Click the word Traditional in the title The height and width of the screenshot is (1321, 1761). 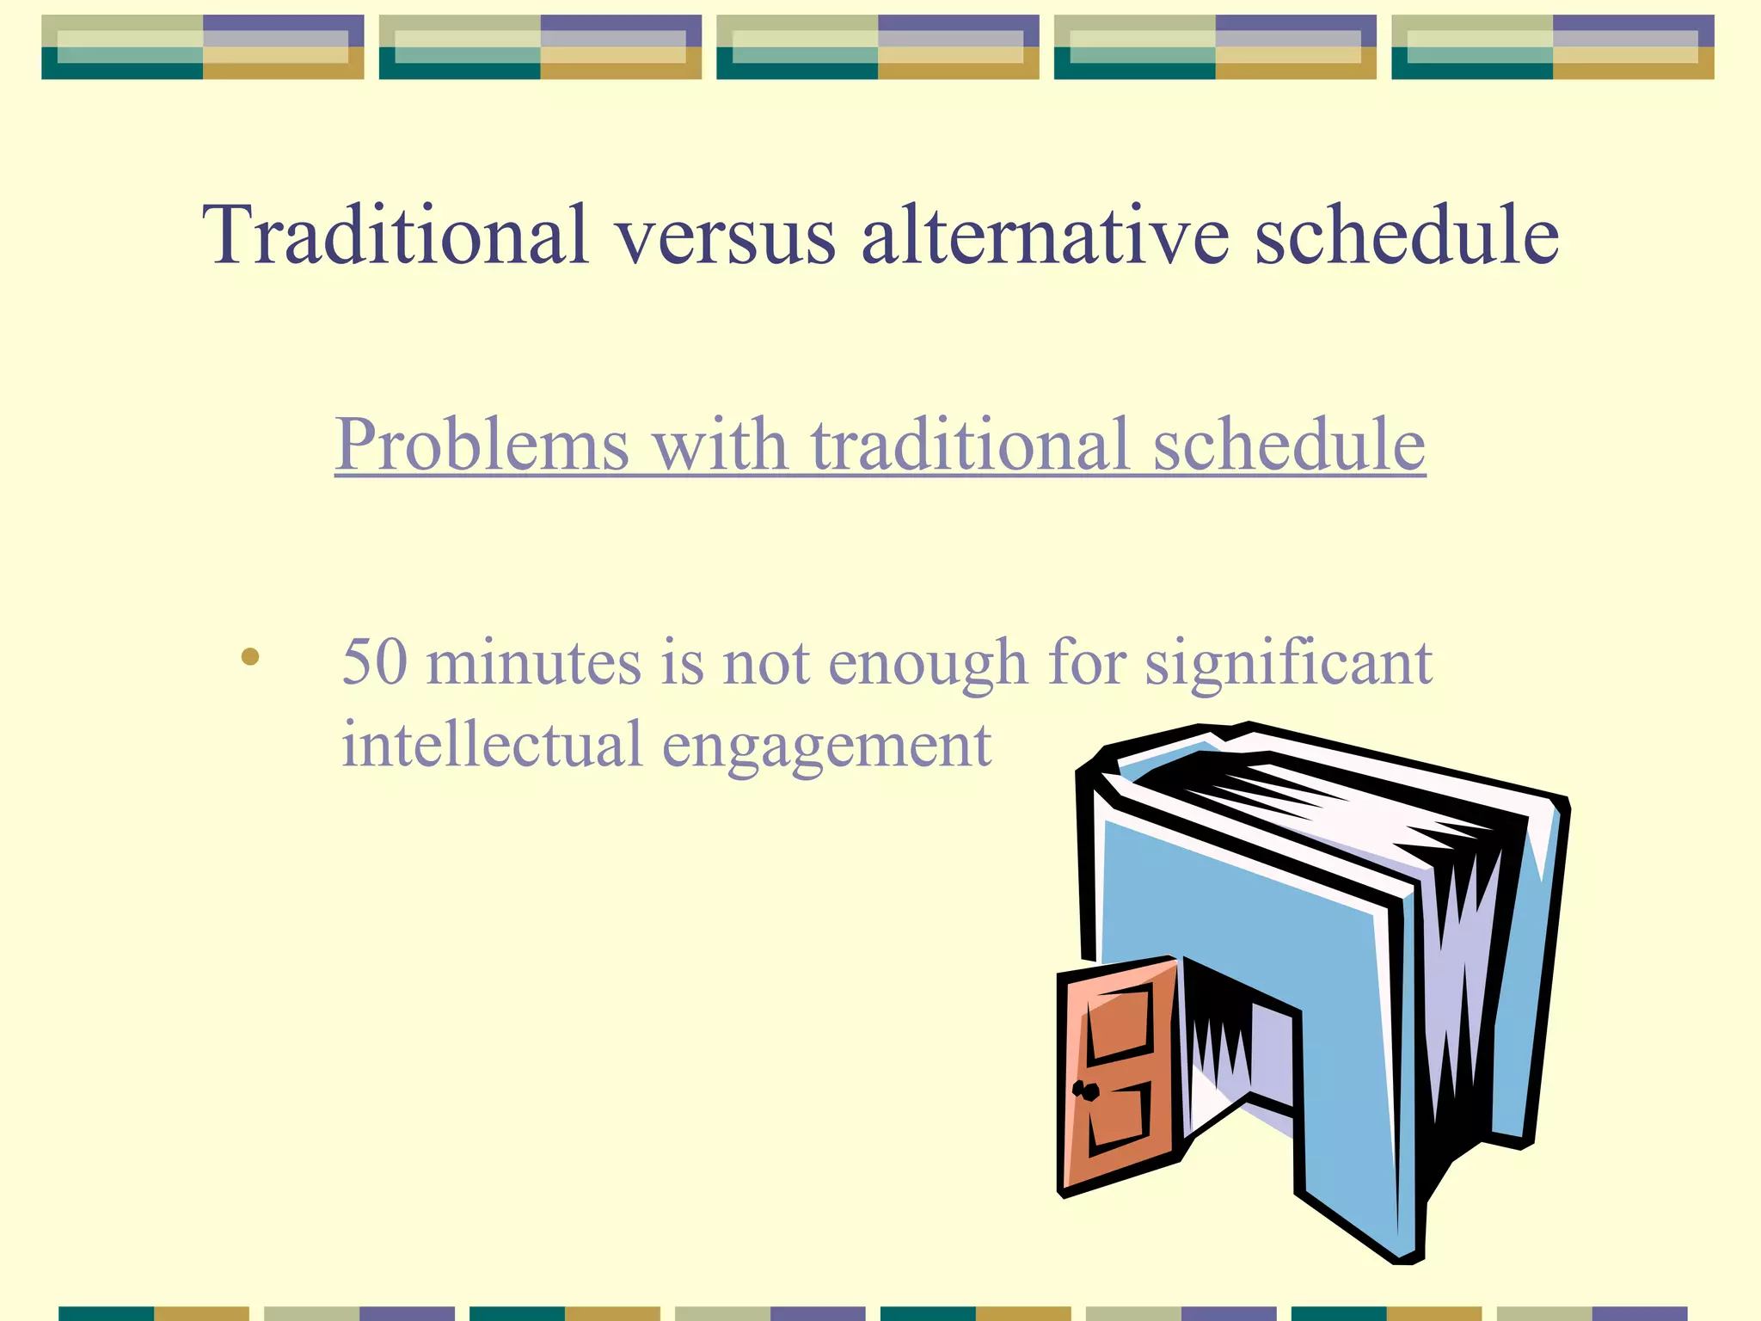point(396,234)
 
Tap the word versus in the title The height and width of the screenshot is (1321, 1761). point(724,237)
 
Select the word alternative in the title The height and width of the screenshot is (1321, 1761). point(1045,234)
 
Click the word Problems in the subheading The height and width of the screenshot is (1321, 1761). point(482,445)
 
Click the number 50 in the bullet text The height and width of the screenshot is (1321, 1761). point(374,662)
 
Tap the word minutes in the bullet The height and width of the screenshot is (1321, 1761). point(533,662)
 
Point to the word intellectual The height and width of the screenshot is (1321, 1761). point(492,744)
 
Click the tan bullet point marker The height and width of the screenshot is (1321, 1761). point(250,658)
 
